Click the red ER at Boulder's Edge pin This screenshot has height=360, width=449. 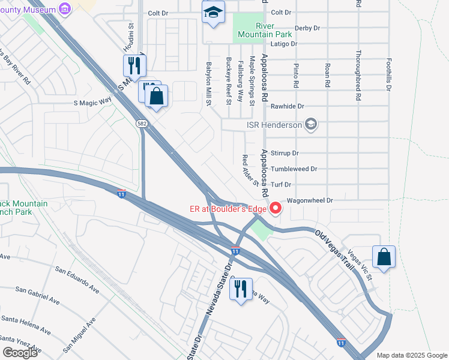coord(276,208)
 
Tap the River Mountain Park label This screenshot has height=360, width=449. coord(256,31)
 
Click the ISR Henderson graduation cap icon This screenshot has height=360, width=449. coord(311,125)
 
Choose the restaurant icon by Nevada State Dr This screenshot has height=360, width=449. coord(240,289)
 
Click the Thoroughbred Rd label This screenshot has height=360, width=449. coord(358,74)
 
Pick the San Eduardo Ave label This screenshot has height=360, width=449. coord(77,279)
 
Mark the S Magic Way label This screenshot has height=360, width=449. coord(93,101)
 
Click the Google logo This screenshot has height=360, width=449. coord(20,352)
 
